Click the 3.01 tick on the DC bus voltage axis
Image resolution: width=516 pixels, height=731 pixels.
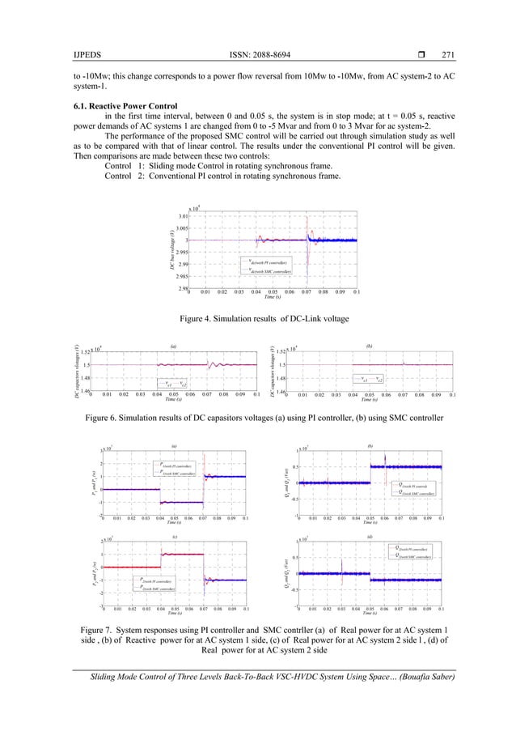coord(184,216)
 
